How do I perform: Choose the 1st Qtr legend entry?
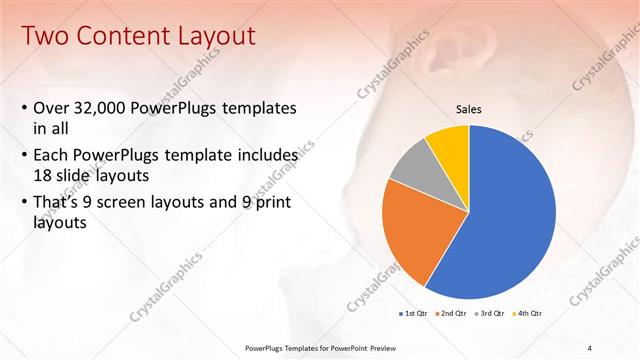pos(414,314)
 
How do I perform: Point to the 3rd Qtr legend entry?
pos(491,314)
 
